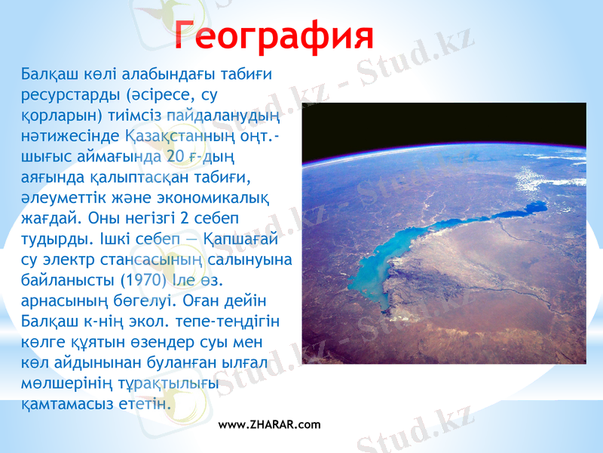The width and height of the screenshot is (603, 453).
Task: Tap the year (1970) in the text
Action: (135, 280)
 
